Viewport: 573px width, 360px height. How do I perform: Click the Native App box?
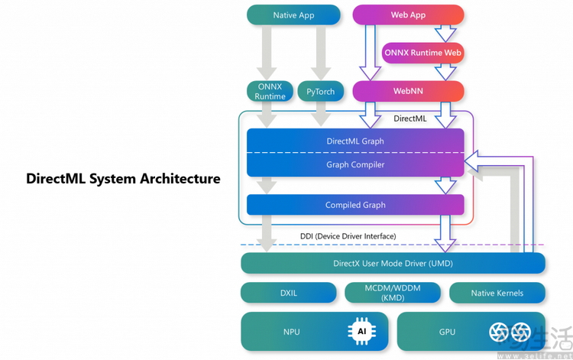point(293,15)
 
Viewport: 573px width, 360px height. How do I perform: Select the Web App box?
point(408,15)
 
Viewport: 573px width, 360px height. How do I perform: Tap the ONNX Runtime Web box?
point(423,53)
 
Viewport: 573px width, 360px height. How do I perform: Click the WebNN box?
point(408,91)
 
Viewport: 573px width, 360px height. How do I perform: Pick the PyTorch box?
point(320,92)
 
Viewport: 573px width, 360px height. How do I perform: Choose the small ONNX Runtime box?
point(270,92)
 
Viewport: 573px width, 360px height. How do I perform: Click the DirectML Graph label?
point(355,141)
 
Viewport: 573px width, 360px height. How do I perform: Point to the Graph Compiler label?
point(355,164)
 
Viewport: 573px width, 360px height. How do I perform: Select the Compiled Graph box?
point(355,205)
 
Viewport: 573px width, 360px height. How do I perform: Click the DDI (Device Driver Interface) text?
point(348,236)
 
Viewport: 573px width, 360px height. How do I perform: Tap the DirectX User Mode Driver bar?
point(393,264)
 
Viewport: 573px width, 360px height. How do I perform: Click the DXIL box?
point(288,293)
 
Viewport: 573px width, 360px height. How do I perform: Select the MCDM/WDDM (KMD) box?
point(393,293)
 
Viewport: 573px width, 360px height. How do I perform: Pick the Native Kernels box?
point(497,293)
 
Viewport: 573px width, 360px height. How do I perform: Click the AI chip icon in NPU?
point(361,331)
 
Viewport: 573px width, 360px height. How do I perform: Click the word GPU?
point(447,332)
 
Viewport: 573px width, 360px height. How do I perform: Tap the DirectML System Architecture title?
point(123,179)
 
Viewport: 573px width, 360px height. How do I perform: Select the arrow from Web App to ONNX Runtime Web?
point(445,33)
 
